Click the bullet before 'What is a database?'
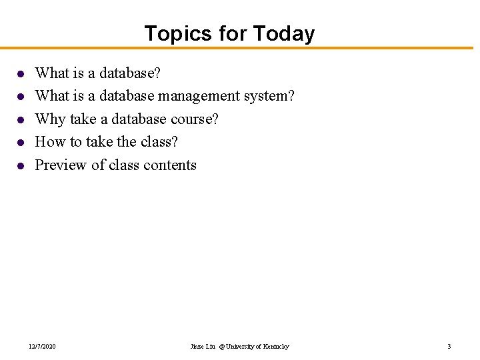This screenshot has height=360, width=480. click(21, 73)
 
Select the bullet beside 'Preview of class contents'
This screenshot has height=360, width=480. click(21, 166)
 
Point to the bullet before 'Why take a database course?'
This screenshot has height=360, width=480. click(21, 120)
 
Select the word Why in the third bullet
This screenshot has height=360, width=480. click(49, 119)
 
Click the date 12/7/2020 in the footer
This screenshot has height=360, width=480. click(42, 347)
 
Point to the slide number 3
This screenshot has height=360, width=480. click(449, 347)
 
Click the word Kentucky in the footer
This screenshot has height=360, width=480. click(276, 347)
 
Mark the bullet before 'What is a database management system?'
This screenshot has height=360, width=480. click(21, 97)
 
